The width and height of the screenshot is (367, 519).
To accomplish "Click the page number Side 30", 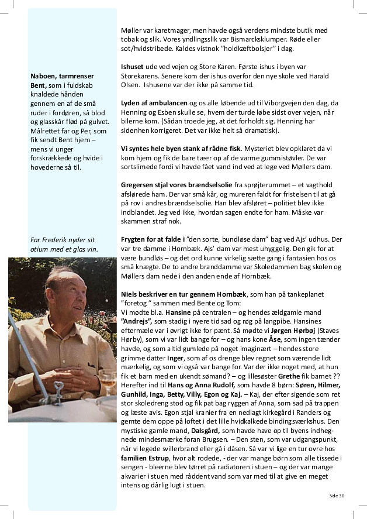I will click(337, 495).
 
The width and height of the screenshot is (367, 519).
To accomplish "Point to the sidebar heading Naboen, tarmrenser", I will click(62, 76).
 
